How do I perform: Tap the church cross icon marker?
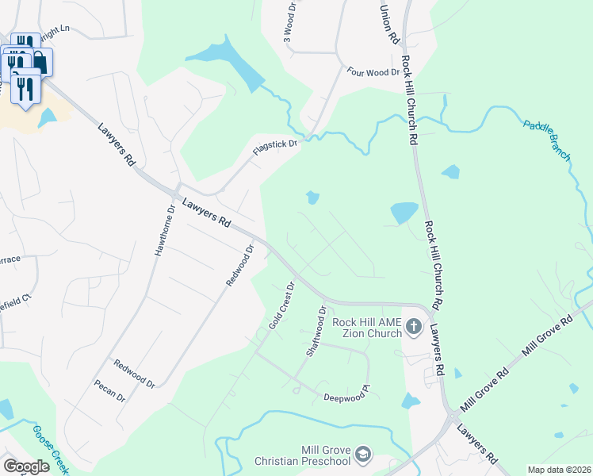click(x=413, y=326)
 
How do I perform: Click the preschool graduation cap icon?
click(x=364, y=454)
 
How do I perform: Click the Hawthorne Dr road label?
click(x=164, y=230)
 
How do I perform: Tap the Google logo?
click(x=27, y=466)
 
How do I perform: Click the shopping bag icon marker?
click(x=40, y=62)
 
